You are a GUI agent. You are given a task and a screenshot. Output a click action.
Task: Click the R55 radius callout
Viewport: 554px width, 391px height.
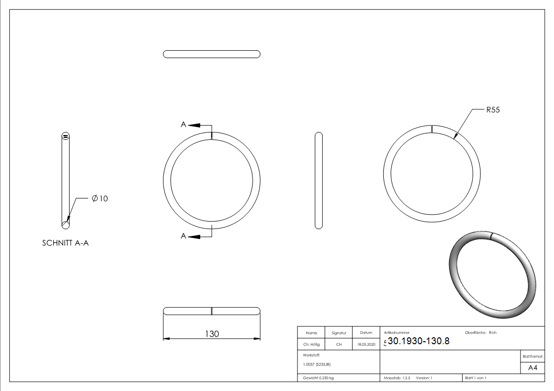493,110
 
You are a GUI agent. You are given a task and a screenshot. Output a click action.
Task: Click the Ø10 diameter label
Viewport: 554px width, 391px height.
100,198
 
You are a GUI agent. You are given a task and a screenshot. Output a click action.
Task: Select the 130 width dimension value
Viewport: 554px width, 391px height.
212,333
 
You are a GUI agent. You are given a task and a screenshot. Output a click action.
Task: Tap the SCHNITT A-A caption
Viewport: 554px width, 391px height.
65,243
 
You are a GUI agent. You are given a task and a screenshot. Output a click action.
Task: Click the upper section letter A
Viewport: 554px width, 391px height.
184,125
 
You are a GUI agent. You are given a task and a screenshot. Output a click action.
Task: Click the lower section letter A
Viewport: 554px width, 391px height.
184,236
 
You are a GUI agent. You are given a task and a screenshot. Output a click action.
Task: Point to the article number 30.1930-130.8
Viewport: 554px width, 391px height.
419,341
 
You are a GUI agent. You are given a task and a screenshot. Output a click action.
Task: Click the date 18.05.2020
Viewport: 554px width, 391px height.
366,344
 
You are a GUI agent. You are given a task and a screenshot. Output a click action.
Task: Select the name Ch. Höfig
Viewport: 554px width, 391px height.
311,344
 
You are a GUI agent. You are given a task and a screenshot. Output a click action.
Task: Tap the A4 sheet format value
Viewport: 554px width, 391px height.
532,368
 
